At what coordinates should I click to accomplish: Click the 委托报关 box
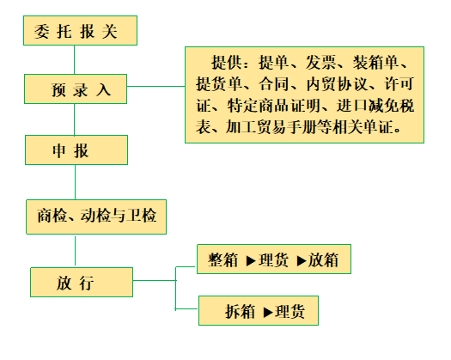click(x=80, y=31)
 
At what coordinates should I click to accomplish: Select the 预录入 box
click(x=76, y=88)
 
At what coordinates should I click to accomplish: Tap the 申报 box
click(x=76, y=149)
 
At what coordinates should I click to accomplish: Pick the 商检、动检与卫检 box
click(x=96, y=217)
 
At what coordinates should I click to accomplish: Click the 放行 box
click(x=82, y=283)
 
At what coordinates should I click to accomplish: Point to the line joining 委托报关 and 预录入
click(x=75, y=59)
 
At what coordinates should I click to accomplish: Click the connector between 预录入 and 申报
click(x=75, y=119)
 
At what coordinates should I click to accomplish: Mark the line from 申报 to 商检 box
click(x=76, y=182)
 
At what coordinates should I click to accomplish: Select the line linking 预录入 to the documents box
click(x=155, y=86)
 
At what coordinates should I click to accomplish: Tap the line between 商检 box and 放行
click(x=76, y=251)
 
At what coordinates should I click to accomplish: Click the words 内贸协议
click(x=337, y=84)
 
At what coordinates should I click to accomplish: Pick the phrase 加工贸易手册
click(x=271, y=126)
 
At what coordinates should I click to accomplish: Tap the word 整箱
click(x=223, y=260)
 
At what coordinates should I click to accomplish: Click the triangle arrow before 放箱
click(x=302, y=260)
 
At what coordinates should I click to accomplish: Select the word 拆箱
click(x=240, y=312)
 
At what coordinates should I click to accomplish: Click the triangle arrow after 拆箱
click(x=268, y=312)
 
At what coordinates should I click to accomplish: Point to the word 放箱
click(x=323, y=260)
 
